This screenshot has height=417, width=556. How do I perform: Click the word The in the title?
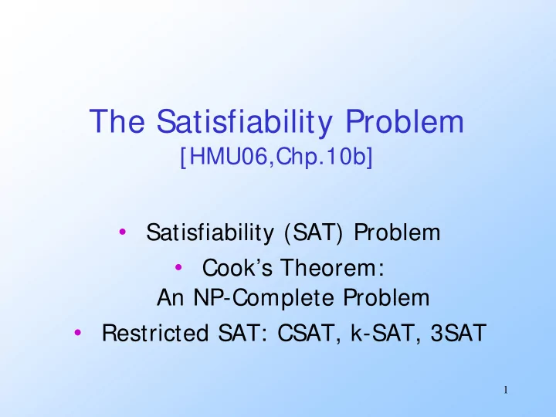pos(117,121)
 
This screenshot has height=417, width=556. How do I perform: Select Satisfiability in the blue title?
pos(245,123)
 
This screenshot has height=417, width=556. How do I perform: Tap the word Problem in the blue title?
pos(405,121)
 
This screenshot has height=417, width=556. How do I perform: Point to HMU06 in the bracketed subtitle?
pos(228,156)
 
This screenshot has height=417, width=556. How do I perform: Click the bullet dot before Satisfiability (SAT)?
pos(123,232)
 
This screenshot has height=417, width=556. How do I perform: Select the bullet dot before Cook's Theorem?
pos(178,267)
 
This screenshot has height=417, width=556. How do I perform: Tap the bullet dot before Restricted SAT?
pos(78,332)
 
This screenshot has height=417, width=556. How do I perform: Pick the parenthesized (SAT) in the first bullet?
pos(314,232)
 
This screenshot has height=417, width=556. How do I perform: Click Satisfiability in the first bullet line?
pos(210,233)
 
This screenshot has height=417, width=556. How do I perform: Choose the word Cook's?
pos(237,267)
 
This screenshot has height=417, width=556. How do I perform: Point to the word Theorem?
pos(334,267)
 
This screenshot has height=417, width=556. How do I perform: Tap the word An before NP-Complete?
pos(171,297)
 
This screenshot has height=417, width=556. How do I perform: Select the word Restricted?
pos(155,333)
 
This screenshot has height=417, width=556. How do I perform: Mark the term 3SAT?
pos(458,333)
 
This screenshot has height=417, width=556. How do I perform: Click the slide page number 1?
pos(506,391)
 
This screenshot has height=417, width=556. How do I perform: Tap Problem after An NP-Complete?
pos(386,297)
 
